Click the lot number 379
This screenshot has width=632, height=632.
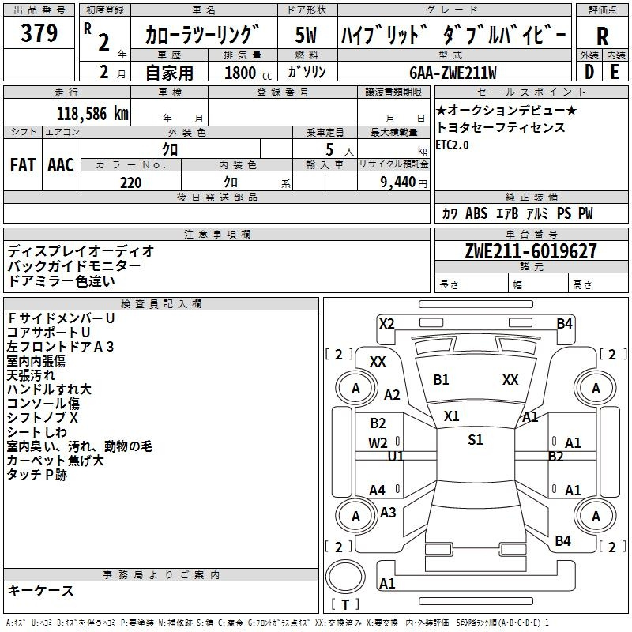click(x=39, y=32)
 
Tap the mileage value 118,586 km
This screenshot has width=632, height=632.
click(x=92, y=114)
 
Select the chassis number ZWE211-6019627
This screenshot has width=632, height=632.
click(x=531, y=251)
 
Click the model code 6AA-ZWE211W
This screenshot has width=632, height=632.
click(x=453, y=73)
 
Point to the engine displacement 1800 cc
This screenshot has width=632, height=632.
click(x=248, y=73)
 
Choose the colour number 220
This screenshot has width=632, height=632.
click(x=130, y=182)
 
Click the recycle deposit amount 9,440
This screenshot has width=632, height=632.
click(x=398, y=182)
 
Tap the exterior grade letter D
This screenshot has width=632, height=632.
click(x=589, y=72)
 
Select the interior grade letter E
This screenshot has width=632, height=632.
click(x=615, y=72)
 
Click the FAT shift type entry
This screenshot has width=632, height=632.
click(x=23, y=165)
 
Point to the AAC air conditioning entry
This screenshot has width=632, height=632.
click(x=61, y=165)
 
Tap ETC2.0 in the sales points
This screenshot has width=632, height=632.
click(x=452, y=145)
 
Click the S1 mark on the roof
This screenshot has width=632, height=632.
click(x=476, y=440)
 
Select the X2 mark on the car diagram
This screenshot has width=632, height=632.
click(x=387, y=324)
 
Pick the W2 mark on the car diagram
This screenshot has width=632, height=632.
click(x=378, y=443)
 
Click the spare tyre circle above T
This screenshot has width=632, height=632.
click(x=345, y=577)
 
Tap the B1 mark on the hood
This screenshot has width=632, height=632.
click(x=441, y=380)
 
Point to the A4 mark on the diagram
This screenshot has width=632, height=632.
click(x=378, y=491)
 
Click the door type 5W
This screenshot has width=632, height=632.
click(x=306, y=35)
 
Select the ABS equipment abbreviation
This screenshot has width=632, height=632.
click(x=476, y=213)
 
